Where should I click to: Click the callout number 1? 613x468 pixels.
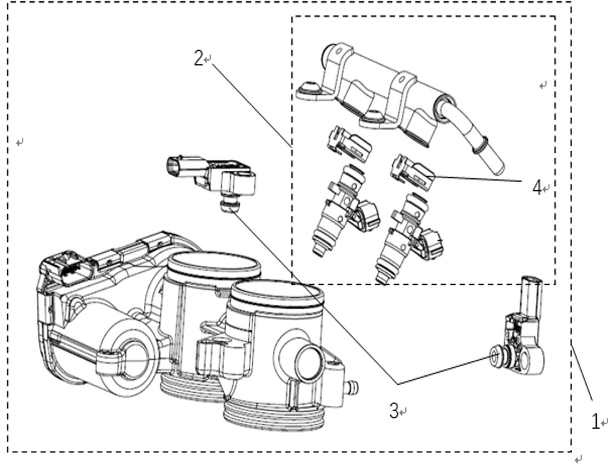[x=595, y=422]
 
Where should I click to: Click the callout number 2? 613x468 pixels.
[x=199, y=58]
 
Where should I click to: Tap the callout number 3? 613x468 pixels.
[x=394, y=410]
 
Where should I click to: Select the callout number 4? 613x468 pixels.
[x=537, y=187]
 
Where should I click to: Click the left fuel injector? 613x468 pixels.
[x=344, y=211]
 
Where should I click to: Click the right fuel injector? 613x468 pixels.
[x=408, y=238]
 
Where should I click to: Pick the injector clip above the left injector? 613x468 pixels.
[x=349, y=143]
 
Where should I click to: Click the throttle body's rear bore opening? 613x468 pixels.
[x=214, y=264]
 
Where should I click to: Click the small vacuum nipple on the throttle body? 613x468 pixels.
[x=351, y=387]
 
